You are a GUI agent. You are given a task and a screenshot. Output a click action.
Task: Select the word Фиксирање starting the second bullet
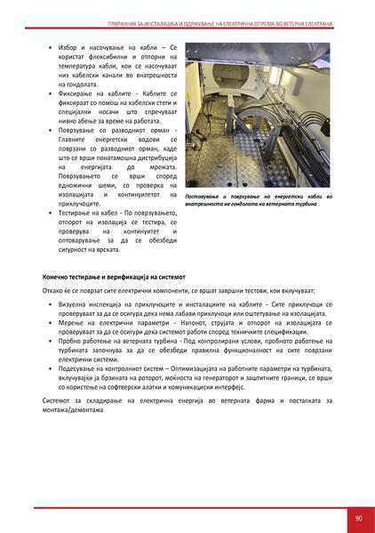coord(76,92)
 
